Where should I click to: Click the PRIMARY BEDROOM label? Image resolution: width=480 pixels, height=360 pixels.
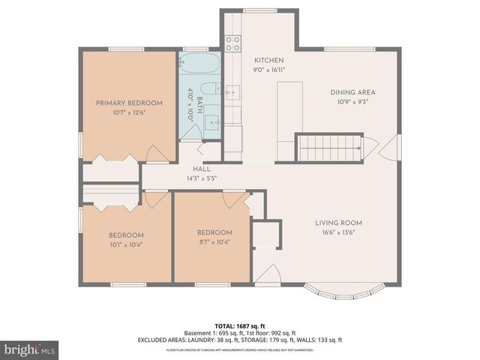tap(129, 103)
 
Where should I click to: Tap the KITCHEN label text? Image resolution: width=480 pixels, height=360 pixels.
tap(268, 60)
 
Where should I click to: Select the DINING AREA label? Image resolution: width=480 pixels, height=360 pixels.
tap(352, 92)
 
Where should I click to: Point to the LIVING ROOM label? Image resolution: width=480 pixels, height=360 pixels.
tap(338, 223)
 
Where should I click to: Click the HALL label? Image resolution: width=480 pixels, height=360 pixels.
tap(201, 169)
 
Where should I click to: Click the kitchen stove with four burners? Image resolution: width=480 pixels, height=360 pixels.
tap(233, 43)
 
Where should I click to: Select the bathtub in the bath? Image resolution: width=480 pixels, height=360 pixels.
tap(199, 62)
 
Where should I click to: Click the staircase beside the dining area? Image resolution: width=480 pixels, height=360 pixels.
tap(330, 148)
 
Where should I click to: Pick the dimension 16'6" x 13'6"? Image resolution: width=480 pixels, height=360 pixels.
tap(338, 232)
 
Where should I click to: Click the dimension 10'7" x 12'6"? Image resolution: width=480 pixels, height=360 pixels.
tap(129, 112)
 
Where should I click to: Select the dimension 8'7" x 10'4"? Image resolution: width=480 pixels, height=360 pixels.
tap(214, 241)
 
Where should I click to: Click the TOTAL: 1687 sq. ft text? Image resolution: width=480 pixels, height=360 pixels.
tap(240, 325)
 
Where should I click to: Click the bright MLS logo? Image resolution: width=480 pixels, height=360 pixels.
tap(29, 349)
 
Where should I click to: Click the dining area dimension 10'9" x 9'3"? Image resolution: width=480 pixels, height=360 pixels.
tap(352, 102)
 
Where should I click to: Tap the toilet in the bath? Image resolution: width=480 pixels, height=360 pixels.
tap(211, 88)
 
